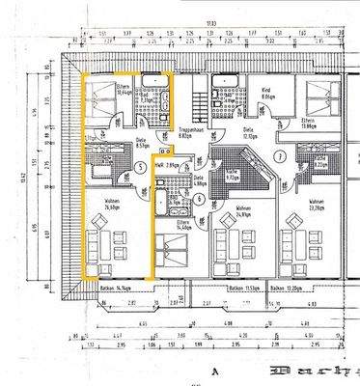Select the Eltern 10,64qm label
124,91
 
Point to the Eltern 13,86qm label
281,123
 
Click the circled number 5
141,167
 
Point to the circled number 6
199,199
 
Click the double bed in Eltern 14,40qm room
175,253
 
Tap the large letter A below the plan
207,369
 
